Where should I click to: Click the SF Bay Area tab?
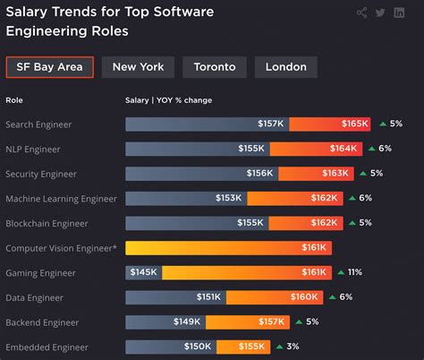(x=49, y=67)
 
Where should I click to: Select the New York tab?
(x=138, y=67)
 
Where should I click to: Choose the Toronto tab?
(x=215, y=67)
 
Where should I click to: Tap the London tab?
(x=285, y=67)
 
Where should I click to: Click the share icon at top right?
(x=361, y=13)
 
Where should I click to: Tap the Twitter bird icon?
(x=380, y=13)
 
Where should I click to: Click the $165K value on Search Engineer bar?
(x=355, y=124)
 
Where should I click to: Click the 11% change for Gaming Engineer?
(x=354, y=271)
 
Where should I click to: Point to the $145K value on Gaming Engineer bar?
(x=144, y=271)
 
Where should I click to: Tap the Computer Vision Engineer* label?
(x=61, y=247)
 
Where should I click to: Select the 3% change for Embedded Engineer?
(x=293, y=346)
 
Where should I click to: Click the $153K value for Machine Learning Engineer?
(x=230, y=198)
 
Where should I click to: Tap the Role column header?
(x=13, y=99)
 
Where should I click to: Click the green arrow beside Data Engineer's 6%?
(x=333, y=296)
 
